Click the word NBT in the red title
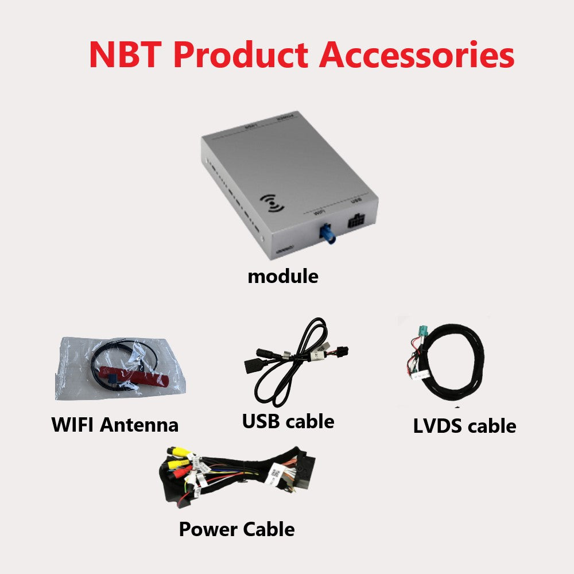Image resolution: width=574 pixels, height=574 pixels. tap(125, 55)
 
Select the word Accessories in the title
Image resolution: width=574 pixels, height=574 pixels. tap(417, 55)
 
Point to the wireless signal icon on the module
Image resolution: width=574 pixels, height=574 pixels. tap(272, 203)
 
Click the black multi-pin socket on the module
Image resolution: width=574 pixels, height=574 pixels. tap(358, 220)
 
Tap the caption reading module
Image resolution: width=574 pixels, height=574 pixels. tap(282, 276)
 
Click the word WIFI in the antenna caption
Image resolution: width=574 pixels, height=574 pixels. tap(73, 425)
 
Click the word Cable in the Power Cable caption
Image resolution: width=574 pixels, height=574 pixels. tap(269, 529)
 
